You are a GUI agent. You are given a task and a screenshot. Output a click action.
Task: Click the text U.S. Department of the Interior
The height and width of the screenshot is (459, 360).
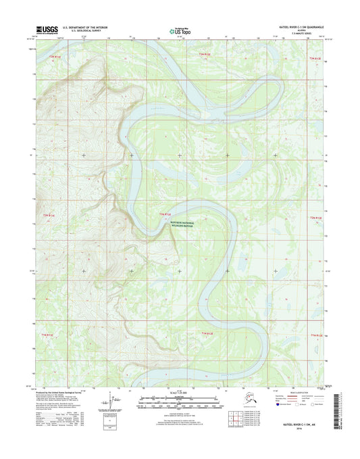point(85,28)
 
